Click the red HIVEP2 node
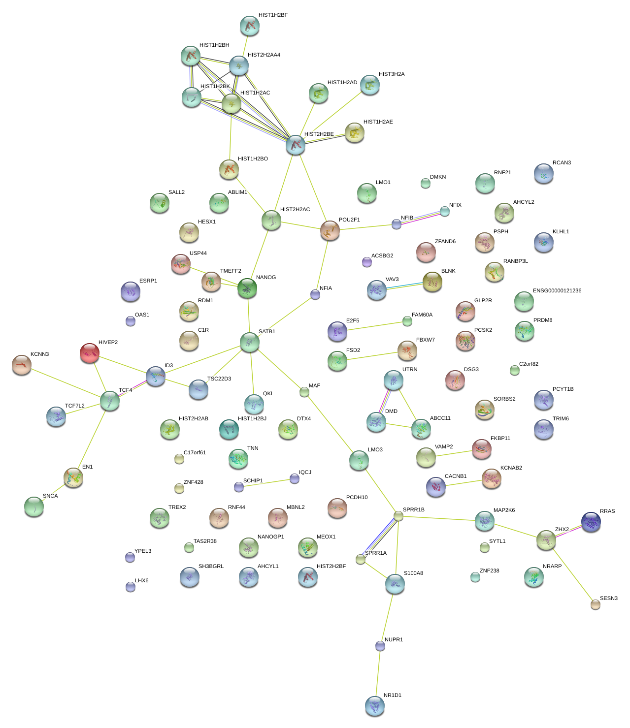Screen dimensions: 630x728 [89, 353]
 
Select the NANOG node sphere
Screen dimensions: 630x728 [247, 288]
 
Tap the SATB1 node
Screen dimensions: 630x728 [250, 342]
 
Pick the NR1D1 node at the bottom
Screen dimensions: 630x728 [375, 705]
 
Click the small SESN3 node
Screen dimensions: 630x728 [596, 605]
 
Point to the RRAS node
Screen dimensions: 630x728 [591, 522]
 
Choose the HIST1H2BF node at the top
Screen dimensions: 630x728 [250, 26]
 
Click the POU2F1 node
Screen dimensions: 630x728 [330, 230]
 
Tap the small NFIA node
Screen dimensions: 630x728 [315, 294]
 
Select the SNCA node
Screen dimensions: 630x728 [34, 506]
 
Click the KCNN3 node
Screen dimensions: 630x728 [22, 364]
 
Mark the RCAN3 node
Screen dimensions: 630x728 [543, 173]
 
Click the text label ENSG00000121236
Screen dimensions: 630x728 [557, 291]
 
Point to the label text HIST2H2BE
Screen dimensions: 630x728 [319, 134]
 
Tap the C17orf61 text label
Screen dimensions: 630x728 [195, 453]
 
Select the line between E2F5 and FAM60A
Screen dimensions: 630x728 [372, 326]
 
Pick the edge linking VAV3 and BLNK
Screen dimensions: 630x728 [404, 286]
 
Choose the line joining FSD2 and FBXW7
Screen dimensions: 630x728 [372, 355]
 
